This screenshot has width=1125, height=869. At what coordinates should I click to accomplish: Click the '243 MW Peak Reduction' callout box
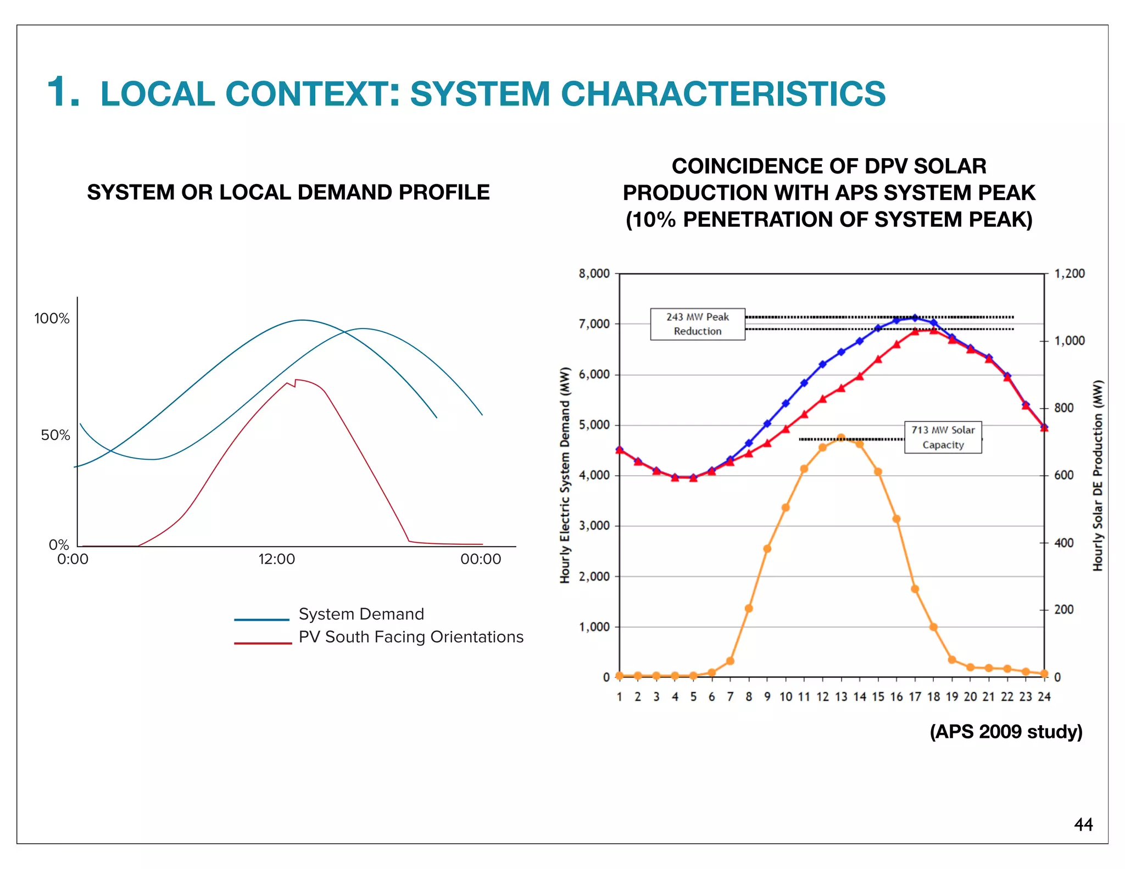(697, 324)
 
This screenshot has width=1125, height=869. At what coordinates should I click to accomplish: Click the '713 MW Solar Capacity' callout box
(943, 437)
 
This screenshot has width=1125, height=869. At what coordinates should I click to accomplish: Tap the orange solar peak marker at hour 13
(841, 438)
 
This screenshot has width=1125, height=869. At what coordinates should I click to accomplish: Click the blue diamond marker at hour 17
(915, 317)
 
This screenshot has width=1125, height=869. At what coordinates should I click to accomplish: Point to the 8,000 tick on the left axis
(594, 274)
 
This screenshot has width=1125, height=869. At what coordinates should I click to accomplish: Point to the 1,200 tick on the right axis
(1070, 274)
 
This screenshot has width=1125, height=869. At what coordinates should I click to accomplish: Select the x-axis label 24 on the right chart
(1044, 697)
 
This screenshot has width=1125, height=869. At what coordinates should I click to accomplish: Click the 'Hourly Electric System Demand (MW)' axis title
(565, 475)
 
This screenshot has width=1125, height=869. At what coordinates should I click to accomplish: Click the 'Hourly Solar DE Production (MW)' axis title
(1097, 475)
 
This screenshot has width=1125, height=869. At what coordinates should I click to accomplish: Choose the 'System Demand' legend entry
(361, 614)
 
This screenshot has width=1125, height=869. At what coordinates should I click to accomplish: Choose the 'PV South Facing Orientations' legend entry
(410, 637)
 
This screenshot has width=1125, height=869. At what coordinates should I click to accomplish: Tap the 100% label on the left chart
(52, 319)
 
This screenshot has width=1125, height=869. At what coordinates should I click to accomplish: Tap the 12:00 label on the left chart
(276, 559)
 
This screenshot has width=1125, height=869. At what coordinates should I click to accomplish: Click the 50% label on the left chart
(55, 436)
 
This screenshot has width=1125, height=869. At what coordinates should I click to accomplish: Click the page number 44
(1083, 825)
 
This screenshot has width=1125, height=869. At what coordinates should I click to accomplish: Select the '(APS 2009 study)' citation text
(1006, 732)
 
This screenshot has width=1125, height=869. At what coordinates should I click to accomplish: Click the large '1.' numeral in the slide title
(63, 92)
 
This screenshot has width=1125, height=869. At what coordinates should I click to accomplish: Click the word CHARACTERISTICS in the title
(723, 93)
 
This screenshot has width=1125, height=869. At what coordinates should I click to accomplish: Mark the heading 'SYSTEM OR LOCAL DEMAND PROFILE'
(288, 192)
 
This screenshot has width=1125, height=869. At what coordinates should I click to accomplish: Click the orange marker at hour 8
(749, 608)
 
